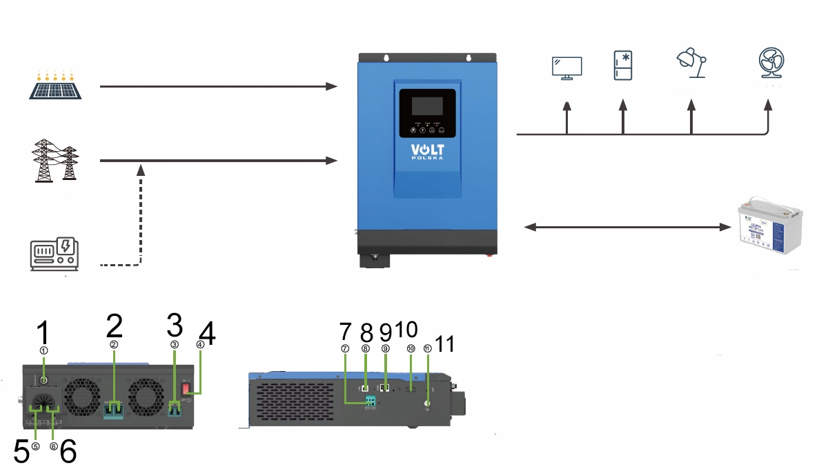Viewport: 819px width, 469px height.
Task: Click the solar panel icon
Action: [57, 85]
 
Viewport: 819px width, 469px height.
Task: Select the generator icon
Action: [55, 254]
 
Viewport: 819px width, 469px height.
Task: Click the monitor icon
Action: [567, 68]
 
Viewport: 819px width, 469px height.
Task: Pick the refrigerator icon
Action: [623, 66]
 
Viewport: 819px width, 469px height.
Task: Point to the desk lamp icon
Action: [691, 65]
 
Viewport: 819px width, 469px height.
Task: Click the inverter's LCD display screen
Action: [427, 106]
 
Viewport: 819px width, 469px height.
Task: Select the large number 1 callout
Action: [43, 333]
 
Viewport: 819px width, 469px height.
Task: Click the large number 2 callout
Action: [115, 326]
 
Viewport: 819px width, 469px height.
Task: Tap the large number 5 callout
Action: [21, 452]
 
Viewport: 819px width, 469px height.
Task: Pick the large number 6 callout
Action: [68, 452]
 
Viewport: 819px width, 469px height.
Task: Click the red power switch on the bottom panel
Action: [186, 389]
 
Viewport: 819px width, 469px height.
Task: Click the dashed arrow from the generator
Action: [141, 221]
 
